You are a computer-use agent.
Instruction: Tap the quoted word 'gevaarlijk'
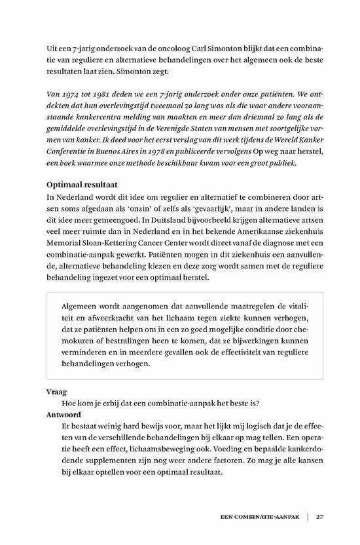point(185,210)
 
